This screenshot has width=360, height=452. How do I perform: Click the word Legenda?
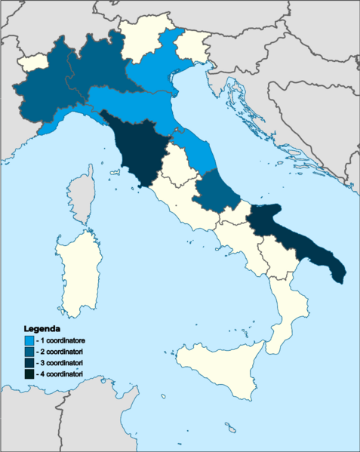[x=42, y=330]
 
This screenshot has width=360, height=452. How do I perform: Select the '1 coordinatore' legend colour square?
[x=29, y=341]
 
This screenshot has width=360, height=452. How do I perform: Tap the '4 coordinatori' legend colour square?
[x=29, y=374]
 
